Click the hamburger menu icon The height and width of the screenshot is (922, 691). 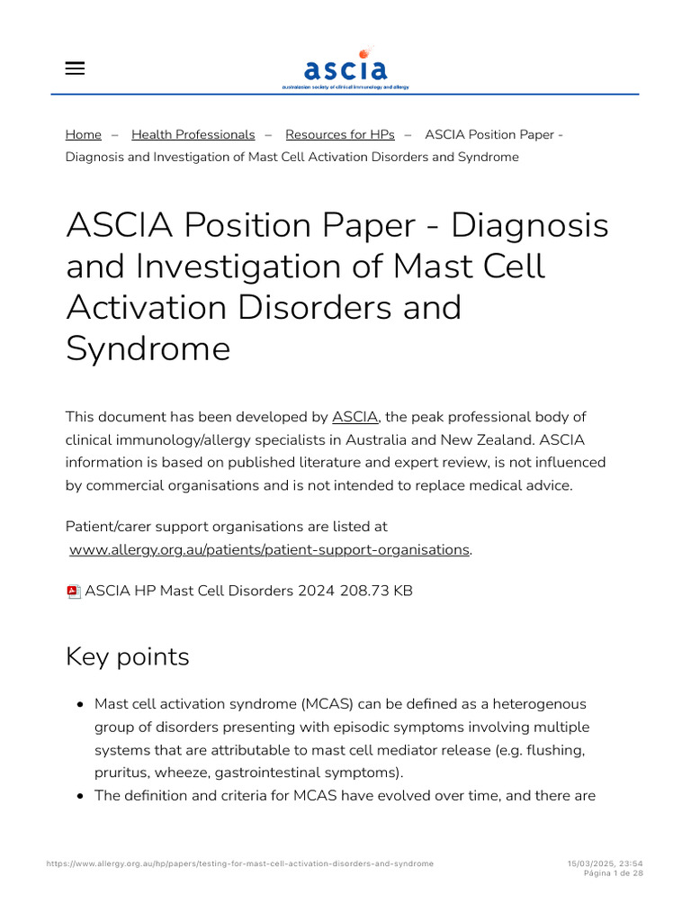point(76,68)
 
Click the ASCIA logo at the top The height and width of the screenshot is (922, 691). point(345,68)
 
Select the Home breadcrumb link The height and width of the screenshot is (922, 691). point(84,134)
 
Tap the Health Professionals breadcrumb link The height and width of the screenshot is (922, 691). point(193,134)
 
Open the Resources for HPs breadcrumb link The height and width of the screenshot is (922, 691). point(340,134)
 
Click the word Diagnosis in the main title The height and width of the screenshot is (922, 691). point(530,225)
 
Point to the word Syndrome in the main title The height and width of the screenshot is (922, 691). point(148,348)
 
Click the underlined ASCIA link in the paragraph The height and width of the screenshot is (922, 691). point(355,417)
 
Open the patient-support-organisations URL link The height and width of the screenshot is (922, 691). point(269,549)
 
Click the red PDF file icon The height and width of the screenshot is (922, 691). point(74,592)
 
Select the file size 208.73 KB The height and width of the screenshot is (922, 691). point(376,592)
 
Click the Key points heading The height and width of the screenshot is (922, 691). point(128,656)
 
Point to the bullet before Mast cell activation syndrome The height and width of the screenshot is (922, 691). point(81,704)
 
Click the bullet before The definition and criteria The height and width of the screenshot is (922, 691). point(81,797)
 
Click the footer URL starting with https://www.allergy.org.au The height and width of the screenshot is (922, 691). point(239,863)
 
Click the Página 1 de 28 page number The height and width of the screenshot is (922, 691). point(612,873)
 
